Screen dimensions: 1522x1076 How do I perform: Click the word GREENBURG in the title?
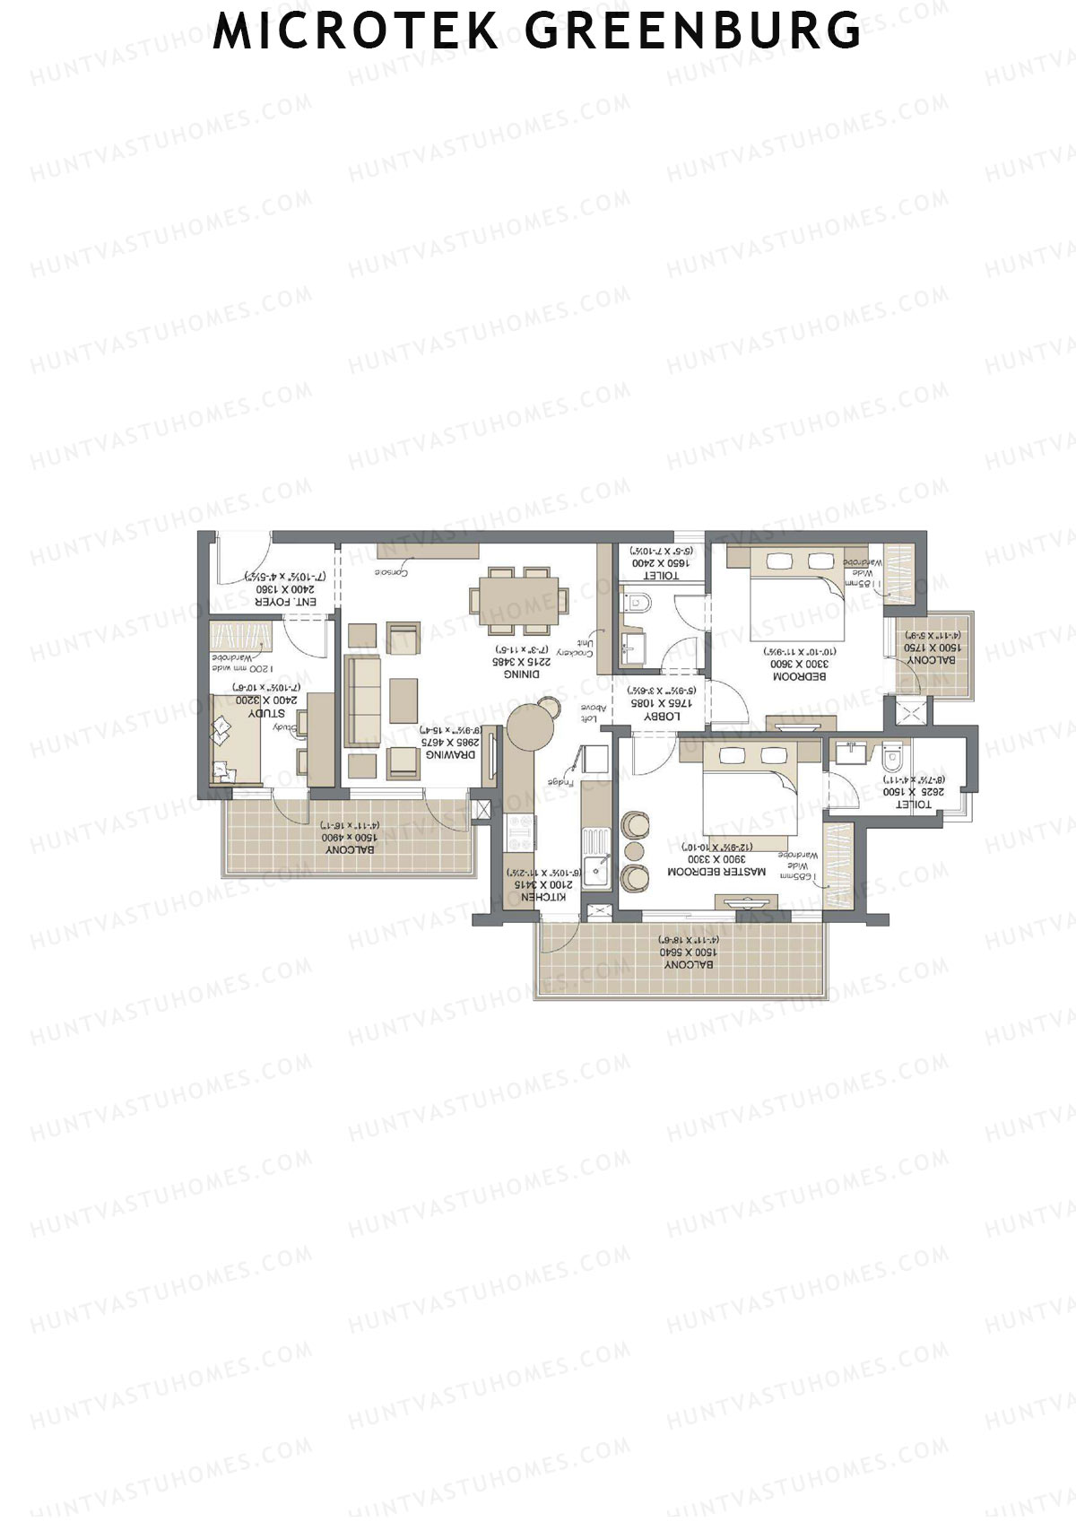click(693, 31)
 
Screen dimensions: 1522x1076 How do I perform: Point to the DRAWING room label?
click(450, 755)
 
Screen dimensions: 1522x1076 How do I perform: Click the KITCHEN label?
click(543, 896)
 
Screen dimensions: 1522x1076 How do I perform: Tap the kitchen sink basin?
click(596, 871)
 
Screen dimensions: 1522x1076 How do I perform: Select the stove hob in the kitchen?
click(521, 833)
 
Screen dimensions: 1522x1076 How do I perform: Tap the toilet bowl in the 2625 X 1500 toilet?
click(890, 758)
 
